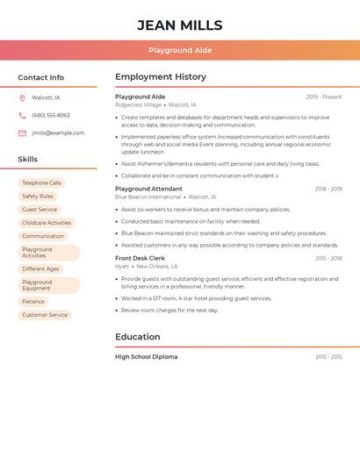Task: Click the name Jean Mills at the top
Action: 180,25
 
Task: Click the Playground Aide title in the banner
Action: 180,51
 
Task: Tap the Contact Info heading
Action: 41,77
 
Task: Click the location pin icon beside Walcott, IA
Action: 22,97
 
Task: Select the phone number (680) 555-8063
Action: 51,115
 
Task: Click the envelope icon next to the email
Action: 22,132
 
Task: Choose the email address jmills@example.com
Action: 58,132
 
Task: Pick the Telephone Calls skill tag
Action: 42,183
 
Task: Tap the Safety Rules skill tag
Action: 38,197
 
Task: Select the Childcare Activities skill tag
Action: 47,223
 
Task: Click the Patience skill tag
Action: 33,302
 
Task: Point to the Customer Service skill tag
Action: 45,315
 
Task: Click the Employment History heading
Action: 161,77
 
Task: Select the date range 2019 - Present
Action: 324,97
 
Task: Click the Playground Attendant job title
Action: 148,189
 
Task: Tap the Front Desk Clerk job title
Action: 140,258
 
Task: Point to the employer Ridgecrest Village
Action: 138,104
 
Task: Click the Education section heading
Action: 138,337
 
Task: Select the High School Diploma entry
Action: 146,357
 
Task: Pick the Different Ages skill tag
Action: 40,268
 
